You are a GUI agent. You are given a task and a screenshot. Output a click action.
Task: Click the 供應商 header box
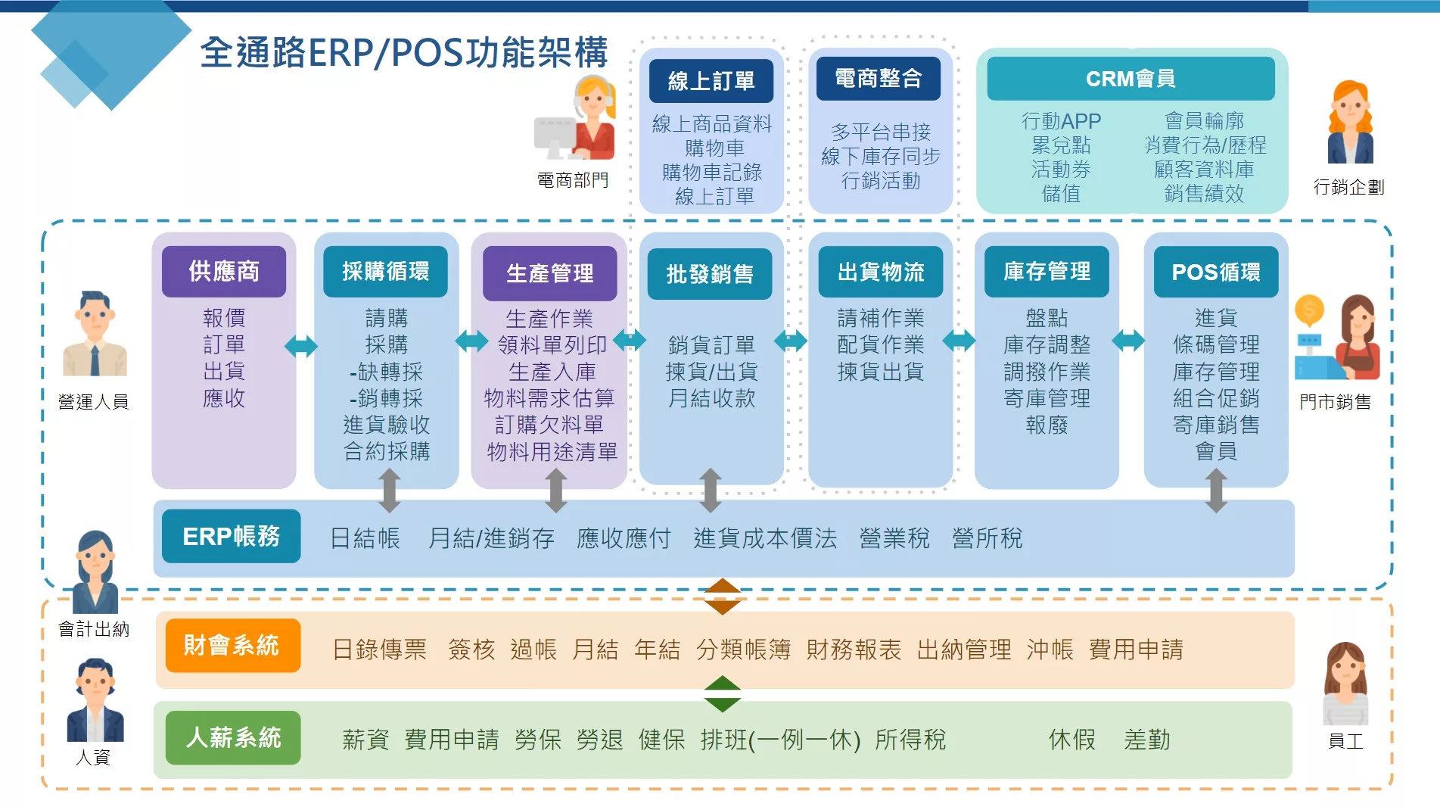(x=224, y=271)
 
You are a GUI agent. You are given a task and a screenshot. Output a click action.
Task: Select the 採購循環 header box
(x=385, y=271)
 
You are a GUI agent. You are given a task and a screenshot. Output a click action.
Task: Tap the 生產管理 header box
(x=550, y=273)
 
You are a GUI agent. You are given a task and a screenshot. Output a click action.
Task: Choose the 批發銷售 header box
(x=710, y=273)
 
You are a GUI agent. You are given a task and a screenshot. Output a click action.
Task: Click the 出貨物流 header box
(x=881, y=272)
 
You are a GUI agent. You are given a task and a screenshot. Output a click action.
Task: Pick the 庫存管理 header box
(x=1047, y=271)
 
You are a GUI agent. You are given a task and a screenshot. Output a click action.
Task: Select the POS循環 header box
(x=1216, y=272)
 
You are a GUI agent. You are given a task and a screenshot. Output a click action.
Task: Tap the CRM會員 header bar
(x=1131, y=79)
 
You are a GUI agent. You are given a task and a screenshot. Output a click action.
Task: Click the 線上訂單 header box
(x=711, y=80)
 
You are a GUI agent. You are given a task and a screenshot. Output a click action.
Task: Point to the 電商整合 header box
(x=878, y=78)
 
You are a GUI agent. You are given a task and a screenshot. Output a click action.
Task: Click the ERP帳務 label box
(x=231, y=536)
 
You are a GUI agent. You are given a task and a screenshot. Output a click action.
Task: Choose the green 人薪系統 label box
(x=233, y=737)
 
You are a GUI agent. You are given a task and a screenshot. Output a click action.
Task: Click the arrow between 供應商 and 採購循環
(x=301, y=347)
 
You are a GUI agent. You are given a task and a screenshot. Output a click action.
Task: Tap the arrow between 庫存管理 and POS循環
(x=1128, y=341)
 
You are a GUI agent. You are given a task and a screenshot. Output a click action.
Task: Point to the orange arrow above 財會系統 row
(x=722, y=597)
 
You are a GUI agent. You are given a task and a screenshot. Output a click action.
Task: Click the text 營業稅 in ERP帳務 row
(x=894, y=538)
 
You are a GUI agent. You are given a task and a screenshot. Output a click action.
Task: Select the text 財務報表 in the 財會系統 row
(x=854, y=650)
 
